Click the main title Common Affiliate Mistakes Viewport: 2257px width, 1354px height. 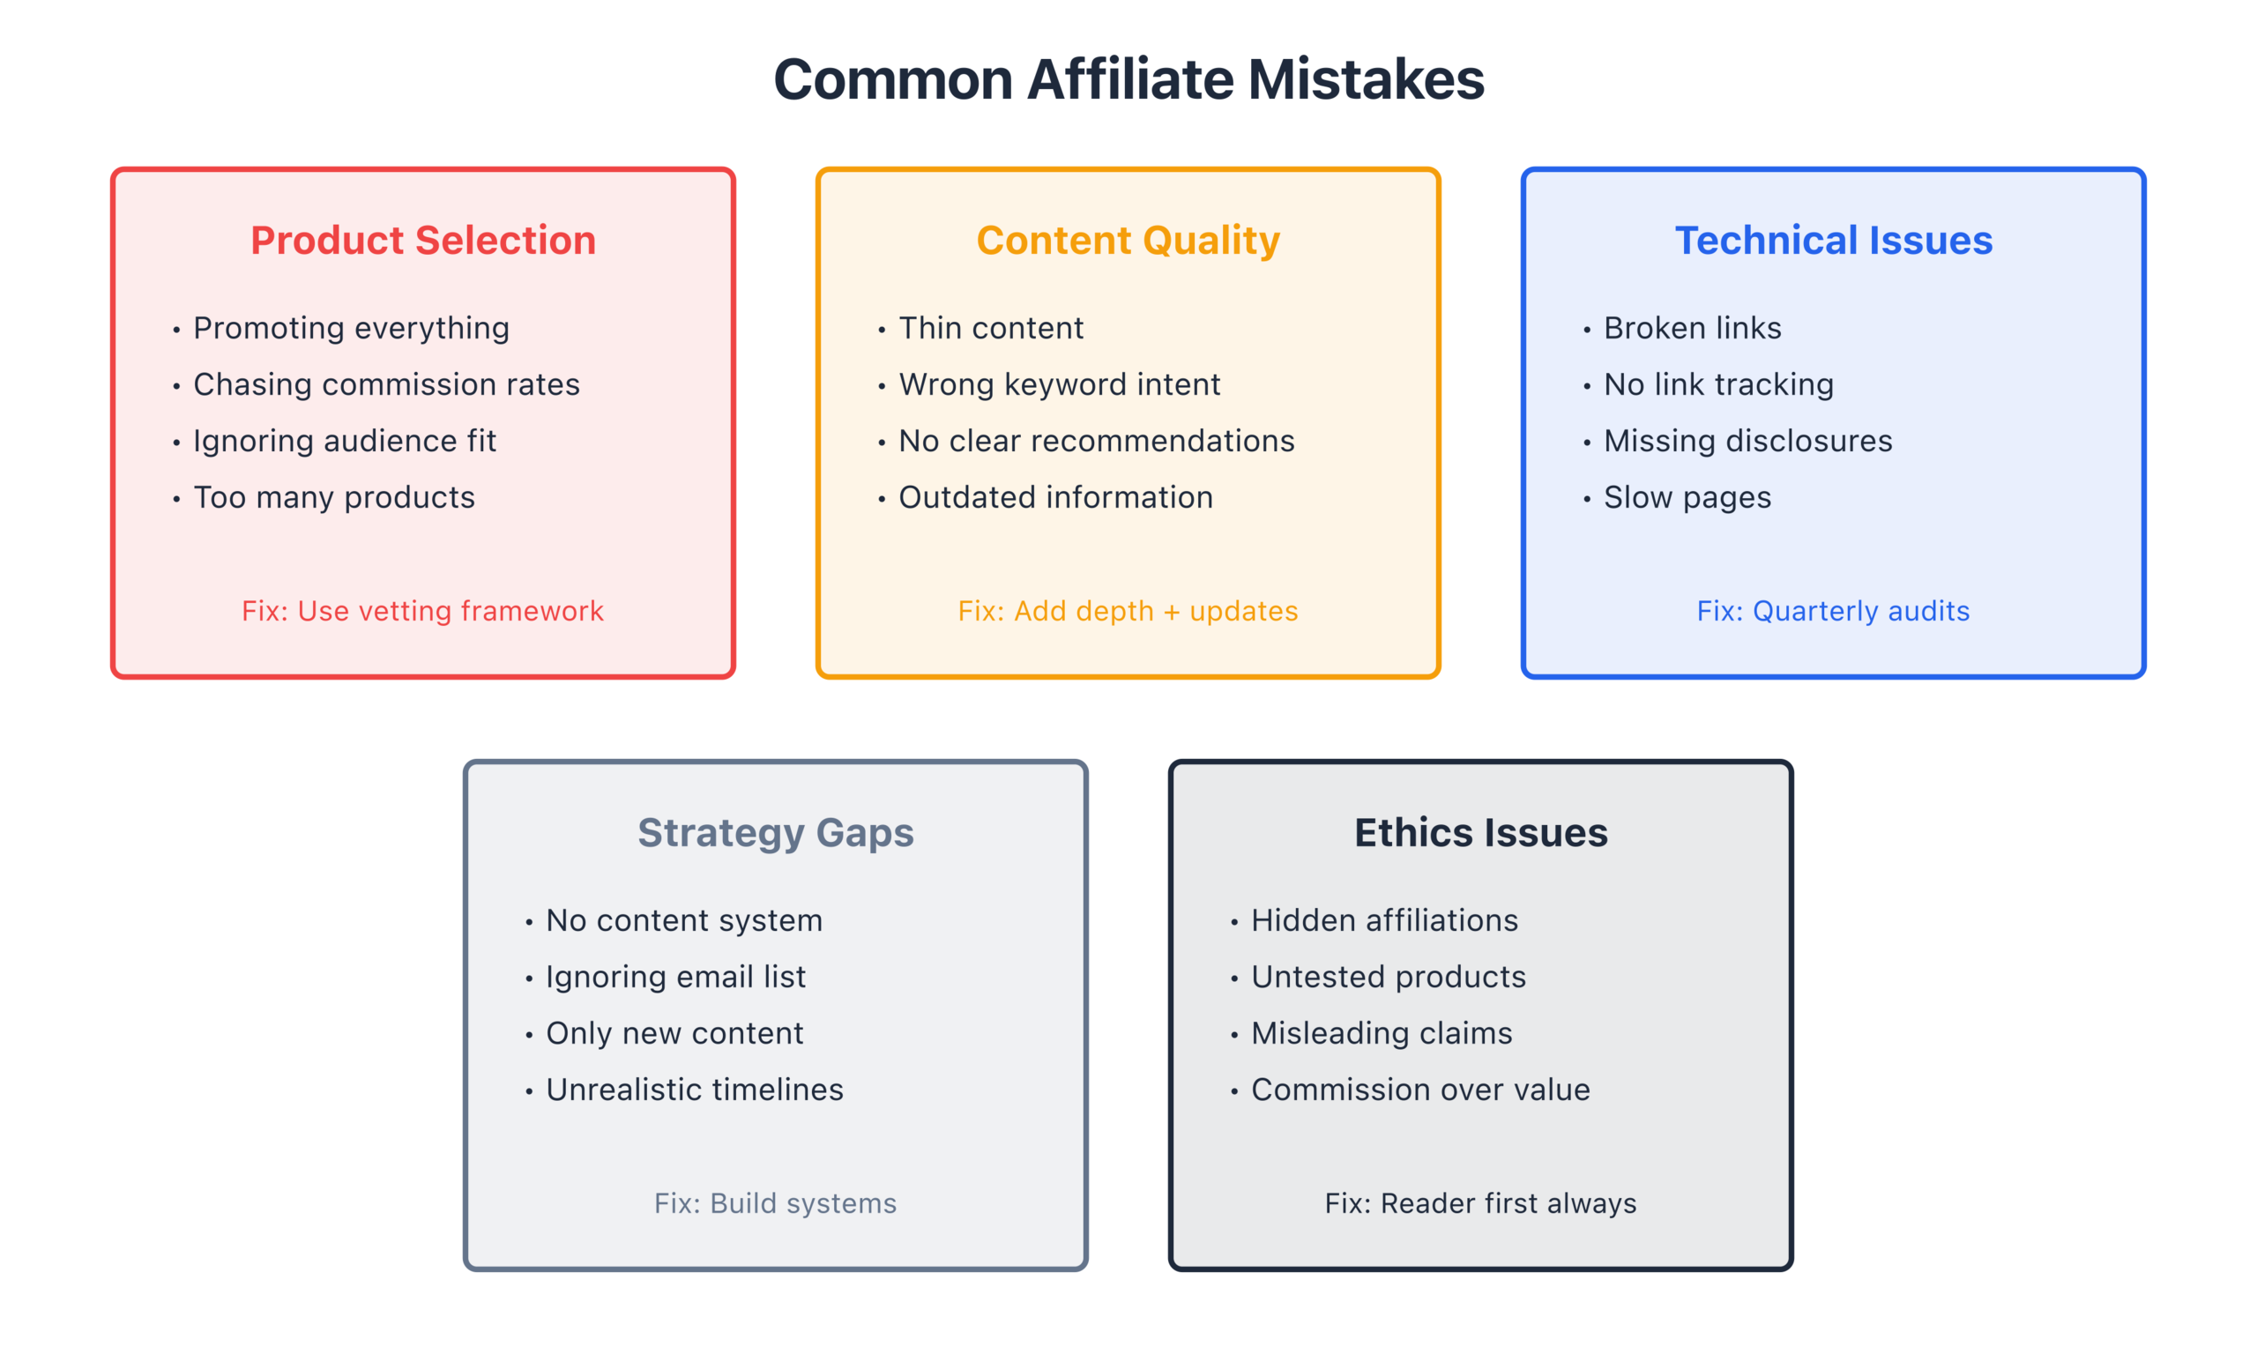(x=1128, y=79)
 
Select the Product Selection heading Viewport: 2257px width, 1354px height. (x=423, y=240)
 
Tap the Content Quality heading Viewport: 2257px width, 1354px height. (x=1128, y=241)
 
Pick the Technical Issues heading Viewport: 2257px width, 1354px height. (x=1834, y=240)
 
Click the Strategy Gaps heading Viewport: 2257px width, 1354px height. (x=776, y=833)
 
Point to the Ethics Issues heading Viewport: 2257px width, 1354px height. (x=1480, y=832)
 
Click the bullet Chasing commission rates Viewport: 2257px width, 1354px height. (x=386, y=385)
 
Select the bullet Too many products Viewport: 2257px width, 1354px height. (x=334, y=497)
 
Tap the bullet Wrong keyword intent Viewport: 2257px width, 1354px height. (x=1059, y=385)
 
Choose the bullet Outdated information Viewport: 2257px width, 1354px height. (x=1055, y=497)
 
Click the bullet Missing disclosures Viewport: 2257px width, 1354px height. (x=1748, y=442)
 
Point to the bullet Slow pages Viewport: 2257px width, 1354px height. (x=1687, y=498)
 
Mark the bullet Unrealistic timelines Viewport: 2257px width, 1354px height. (x=694, y=1090)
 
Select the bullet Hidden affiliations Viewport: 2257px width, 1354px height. (x=1385, y=920)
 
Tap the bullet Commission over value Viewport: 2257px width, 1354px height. (x=1420, y=1090)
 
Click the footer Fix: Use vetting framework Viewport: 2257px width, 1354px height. (x=422, y=611)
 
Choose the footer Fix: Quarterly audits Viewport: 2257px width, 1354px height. (x=1834, y=611)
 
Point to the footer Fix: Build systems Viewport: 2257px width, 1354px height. (x=776, y=1203)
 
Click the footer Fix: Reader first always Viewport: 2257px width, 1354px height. (x=1480, y=1203)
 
